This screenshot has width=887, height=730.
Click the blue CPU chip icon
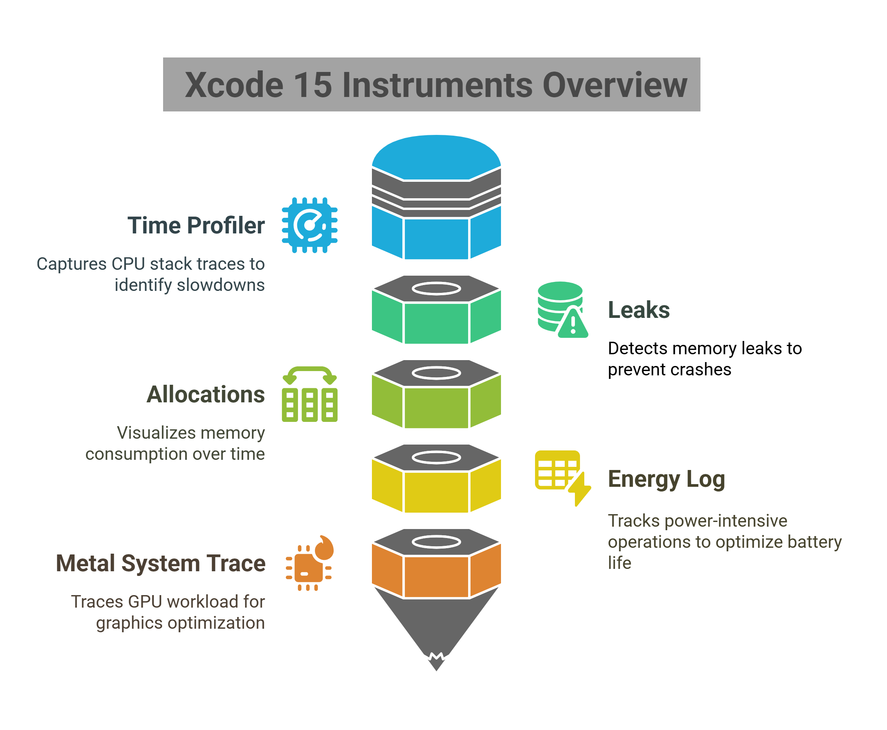coord(309,225)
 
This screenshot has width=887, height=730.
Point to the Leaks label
coord(638,310)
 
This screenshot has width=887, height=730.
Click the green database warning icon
coord(562,310)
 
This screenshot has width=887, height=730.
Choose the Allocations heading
coord(206,395)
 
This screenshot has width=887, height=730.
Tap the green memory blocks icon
coord(309,395)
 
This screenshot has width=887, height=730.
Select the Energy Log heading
coord(666,479)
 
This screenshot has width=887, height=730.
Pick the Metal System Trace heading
coord(161,563)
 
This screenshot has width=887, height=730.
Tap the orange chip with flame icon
coord(309,563)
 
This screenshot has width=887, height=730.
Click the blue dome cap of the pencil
coord(436,158)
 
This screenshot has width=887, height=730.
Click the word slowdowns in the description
coord(221,285)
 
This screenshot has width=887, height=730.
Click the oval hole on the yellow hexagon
coord(436,457)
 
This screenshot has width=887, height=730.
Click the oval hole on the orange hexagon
coord(436,542)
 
